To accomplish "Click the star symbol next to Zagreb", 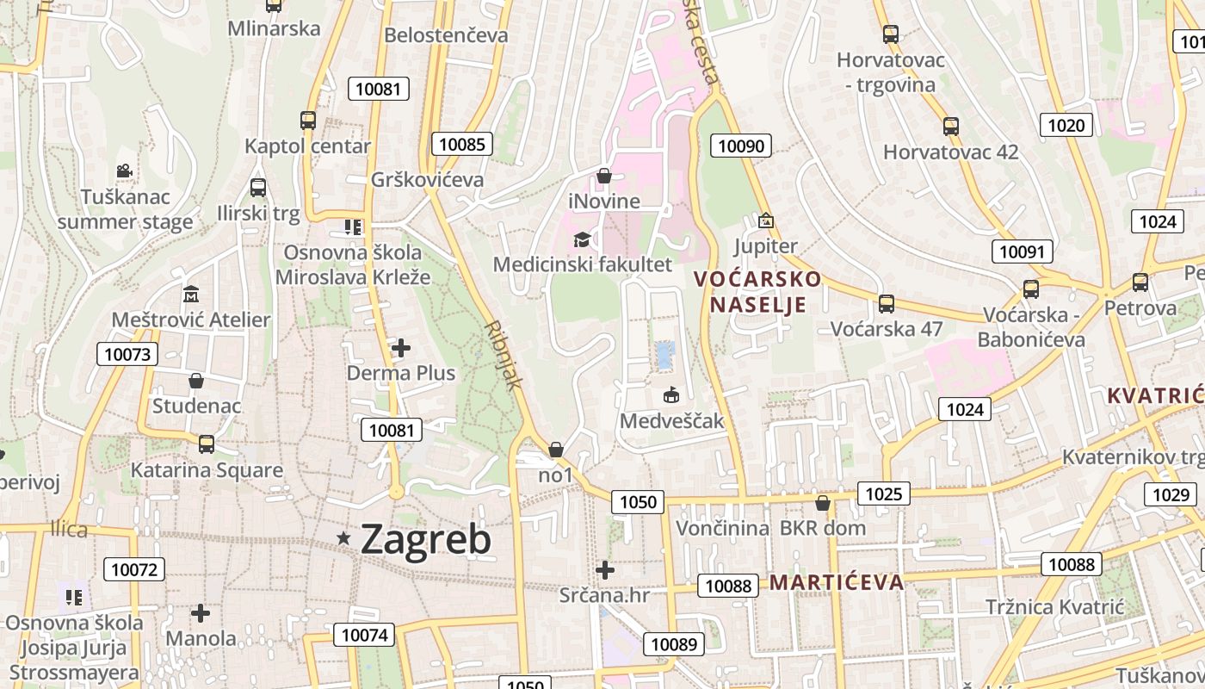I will (344, 538).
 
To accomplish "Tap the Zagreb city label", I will (426, 539).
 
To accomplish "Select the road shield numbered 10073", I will (127, 353).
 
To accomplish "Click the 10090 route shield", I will (741, 146).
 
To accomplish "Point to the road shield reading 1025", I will (884, 493).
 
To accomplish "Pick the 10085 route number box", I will (462, 144).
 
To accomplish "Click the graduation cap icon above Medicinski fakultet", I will (582, 239).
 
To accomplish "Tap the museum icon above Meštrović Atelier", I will (190, 295).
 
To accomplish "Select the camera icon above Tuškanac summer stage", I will (125, 171).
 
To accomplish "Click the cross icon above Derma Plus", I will (401, 348).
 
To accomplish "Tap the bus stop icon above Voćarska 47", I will (887, 303).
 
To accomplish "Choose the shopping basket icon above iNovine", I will (604, 176).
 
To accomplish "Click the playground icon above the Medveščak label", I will (671, 395).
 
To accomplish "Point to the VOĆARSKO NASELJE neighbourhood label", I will (757, 292).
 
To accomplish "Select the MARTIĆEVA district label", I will (837, 582).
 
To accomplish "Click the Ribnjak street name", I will (503, 356).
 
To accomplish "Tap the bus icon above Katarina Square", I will (207, 444).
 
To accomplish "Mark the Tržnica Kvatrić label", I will (1054, 607).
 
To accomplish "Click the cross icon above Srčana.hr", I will (605, 569).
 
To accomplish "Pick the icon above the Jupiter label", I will (765, 221).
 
